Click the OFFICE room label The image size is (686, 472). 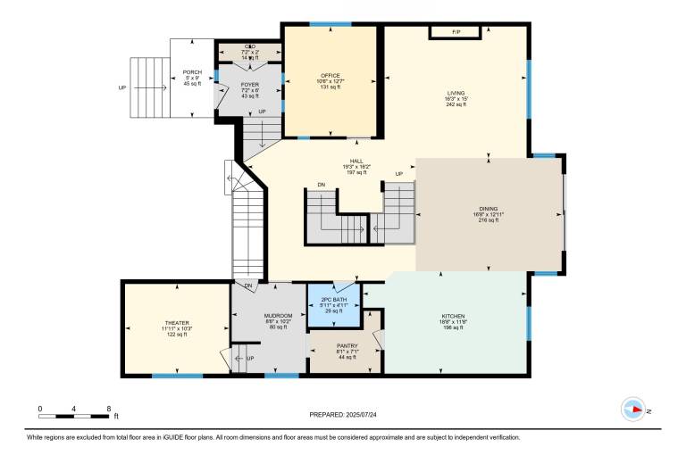(x=330, y=75)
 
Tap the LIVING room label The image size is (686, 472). (x=456, y=93)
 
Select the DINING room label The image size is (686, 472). (x=488, y=208)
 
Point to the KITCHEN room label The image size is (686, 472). (x=453, y=316)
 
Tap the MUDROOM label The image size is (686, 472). (x=272, y=316)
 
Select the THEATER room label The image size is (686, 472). (x=177, y=323)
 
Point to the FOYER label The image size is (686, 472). (x=250, y=85)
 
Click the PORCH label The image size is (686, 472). (x=191, y=72)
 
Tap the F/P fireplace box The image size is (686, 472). (x=456, y=33)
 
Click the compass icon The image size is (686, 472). (x=633, y=410)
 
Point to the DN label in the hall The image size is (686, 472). (x=321, y=186)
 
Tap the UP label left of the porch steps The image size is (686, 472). (x=122, y=88)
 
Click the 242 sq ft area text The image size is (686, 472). (x=456, y=104)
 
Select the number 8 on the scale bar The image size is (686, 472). (x=108, y=408)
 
